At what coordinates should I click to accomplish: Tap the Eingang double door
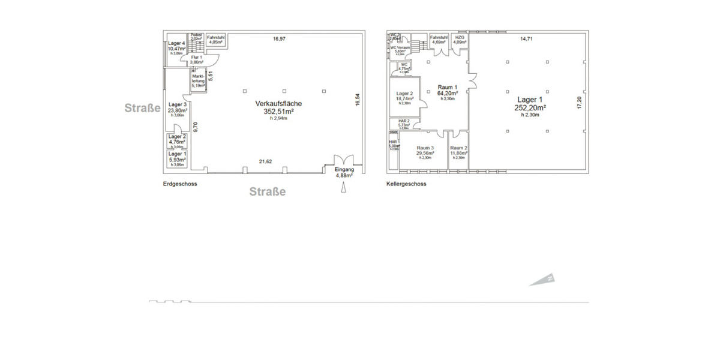(x=344, y=161)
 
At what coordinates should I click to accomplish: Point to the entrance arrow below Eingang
(x=344, y=188)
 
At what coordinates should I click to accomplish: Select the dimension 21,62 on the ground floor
(x=265, y=161)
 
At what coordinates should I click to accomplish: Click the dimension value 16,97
(x=279, y=39)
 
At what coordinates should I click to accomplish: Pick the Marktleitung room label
(x=199, y=81)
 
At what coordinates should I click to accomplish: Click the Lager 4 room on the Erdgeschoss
(x=176, y=47)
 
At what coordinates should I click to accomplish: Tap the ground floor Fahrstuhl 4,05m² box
(x=215, y=40)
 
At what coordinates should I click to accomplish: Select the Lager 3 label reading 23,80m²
(x=177, y=107)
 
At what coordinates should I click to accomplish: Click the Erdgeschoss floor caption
(x=179, y=184)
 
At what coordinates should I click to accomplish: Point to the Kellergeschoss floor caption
(x=406, y=184)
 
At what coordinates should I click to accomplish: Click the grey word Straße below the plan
(x=268, y=192)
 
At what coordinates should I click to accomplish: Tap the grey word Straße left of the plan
(x=143, y=109)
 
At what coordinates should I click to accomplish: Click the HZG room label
(x=460, y=40)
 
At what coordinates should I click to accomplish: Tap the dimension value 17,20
(x=579, y=103)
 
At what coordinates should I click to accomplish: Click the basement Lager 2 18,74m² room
(x=404, y=97)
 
